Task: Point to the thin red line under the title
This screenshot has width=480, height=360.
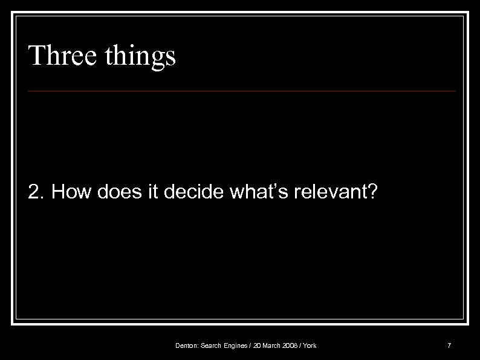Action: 242,91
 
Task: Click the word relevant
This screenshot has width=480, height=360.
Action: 331,192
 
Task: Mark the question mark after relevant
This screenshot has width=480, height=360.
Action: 373,192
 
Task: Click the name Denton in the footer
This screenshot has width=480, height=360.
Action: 186,345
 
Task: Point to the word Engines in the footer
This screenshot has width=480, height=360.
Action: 238,345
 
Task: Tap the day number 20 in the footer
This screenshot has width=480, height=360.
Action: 258,345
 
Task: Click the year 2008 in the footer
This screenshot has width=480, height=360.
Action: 291,345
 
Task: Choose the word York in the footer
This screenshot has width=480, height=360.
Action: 310,345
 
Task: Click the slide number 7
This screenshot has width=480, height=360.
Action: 449,345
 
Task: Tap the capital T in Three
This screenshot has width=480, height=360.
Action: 36,56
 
